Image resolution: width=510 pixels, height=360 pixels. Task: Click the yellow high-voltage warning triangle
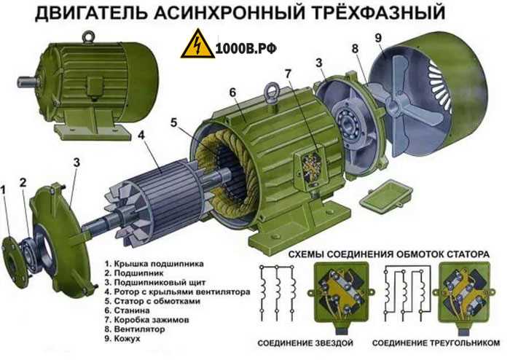point(197,44)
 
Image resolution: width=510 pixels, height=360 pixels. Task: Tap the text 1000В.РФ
point(246,48)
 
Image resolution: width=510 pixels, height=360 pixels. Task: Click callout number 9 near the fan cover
point(378,38)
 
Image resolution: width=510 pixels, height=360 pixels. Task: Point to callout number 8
point(355,49)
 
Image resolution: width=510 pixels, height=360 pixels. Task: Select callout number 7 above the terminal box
point(288,74)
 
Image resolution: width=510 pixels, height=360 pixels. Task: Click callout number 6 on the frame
point(232,93)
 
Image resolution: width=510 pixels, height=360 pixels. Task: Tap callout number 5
point(173,122)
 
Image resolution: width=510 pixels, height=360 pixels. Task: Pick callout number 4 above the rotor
point(141,135)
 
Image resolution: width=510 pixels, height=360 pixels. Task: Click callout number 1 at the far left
point(4,189)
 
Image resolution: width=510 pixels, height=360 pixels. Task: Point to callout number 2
point(23,183)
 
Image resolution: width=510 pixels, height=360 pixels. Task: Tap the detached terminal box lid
point(386,197)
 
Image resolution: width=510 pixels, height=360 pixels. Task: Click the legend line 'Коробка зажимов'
point(146,320)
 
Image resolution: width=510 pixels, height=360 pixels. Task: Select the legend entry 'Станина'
point(127,310)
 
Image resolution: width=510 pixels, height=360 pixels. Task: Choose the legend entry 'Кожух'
point(122,339)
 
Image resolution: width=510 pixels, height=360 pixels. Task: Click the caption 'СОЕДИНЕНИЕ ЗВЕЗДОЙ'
point(305,343)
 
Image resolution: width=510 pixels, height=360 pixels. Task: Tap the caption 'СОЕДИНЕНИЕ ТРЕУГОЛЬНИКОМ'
point(436,343)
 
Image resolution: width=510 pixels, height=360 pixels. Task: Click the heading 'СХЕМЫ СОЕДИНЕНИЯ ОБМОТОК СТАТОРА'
point(389,254)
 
